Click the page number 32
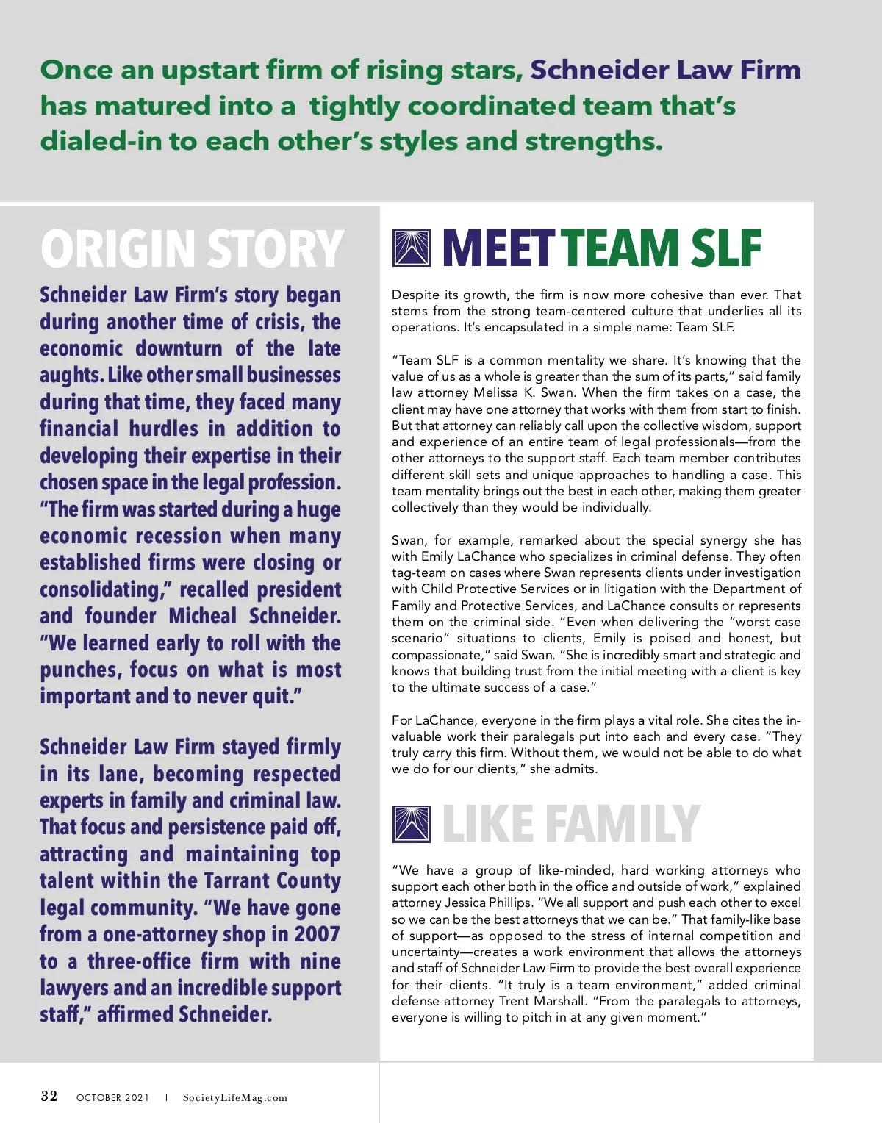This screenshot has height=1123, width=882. pyautogui.click(x=49, y=1097)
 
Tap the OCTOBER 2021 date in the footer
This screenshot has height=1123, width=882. pyautogui.click(x=112, y=1098)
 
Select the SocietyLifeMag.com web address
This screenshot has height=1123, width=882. pyautogui.click(x=235, y=1098)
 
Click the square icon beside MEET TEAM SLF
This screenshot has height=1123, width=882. pyautogui.click(x=412, y=248)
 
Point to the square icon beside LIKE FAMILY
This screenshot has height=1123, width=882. pyautogui.click(x=412, y=823)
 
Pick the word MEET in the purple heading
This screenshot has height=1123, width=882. pyautogui.click(x=498, y=248)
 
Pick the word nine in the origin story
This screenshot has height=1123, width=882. pyautogui.click(x=320, y=961)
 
